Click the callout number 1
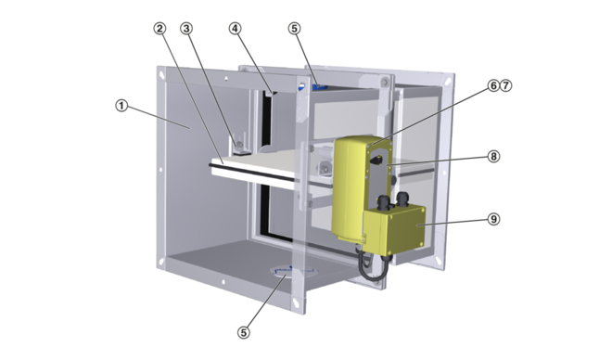coord(121,106)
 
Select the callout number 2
coord(159,29)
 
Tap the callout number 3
coord(186,29)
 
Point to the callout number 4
coord(235,29)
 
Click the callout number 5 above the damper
coord(295,29)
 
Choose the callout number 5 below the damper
coord(244,332)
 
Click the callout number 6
coord(493,85)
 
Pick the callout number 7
coord(505,85)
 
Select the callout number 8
coord(493,157)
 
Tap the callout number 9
coord(493,219)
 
